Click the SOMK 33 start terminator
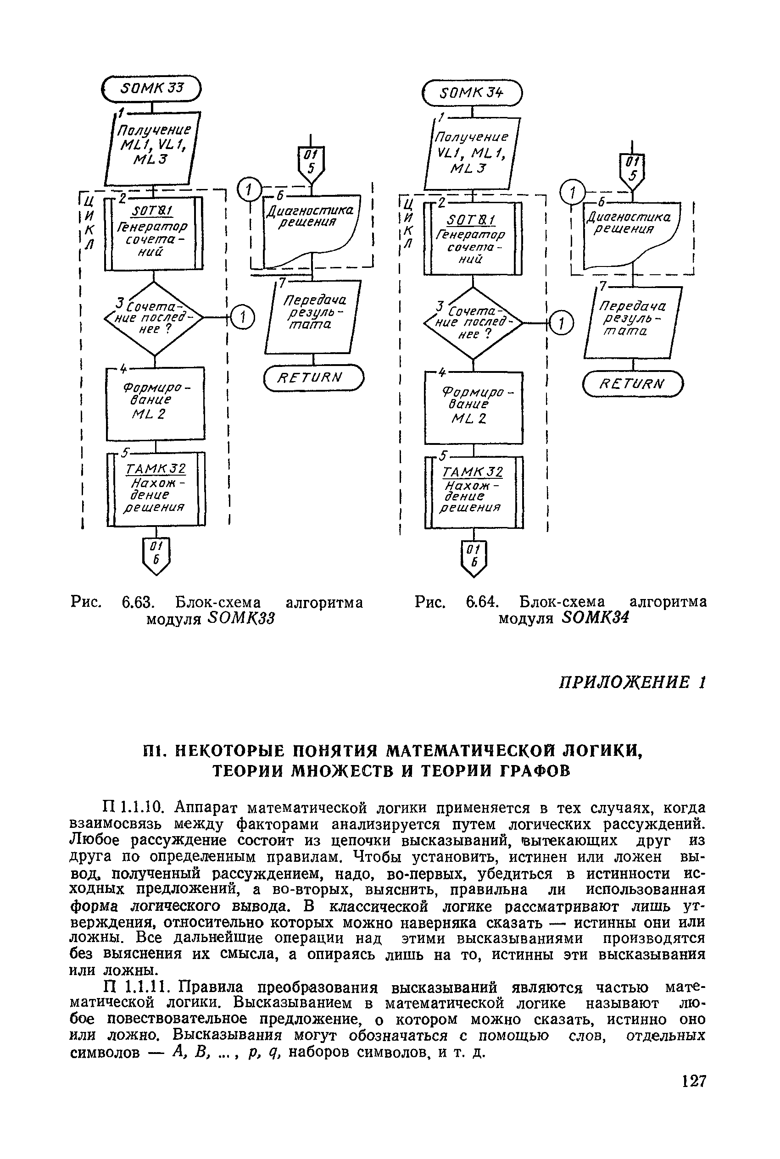coord(151,89)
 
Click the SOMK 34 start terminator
coord(472,94)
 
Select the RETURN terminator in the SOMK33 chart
coord(313,378)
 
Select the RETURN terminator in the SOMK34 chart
coord(633,384)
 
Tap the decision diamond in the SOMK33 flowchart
coord(154,318)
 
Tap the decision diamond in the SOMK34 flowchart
coord(473,324)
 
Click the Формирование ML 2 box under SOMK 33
coord(155,403)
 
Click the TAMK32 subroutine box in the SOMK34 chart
coord(474,492)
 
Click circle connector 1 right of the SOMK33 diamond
coord(243,318)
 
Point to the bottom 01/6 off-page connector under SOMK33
coord(156,556)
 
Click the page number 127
coord(693,1081)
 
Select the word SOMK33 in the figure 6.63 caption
coord(242,619)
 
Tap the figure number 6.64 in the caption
coord(482,602)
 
